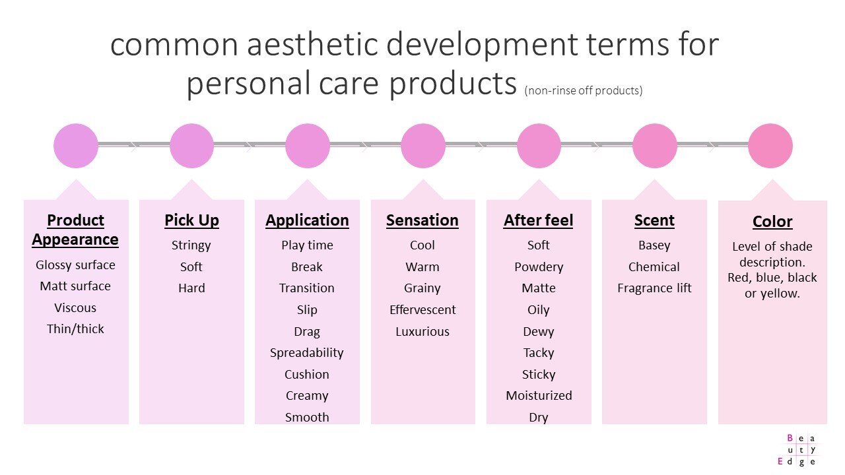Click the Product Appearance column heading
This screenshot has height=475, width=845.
coord(75,230)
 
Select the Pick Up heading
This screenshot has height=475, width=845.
coord(191,220)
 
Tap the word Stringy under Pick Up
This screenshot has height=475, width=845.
coord(191,245)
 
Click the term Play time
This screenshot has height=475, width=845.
coord(307,245)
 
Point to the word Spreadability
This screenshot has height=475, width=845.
coord(307,353)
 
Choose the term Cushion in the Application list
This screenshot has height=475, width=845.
coord(307,375)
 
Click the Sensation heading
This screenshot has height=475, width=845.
coord(422,220)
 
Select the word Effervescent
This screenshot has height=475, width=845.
coord(422,310)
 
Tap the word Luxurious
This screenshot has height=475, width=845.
coord(422,332)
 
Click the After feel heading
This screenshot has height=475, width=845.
coord(539,220)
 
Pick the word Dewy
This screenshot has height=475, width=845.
coord(539,332)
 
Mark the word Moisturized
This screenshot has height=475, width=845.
coord(539,396)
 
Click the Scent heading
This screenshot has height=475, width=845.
coord(654,220)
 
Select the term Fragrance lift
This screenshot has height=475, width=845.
coord(654,288)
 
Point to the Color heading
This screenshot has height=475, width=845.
coord(772,222)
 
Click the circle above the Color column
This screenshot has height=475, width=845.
coord(770,146)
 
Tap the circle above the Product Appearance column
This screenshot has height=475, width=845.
coord(76,146)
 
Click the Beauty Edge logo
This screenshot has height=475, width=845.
coord(801,450)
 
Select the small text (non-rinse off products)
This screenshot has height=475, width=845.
coord(584,91)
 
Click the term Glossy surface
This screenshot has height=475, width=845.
coord(75,265)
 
